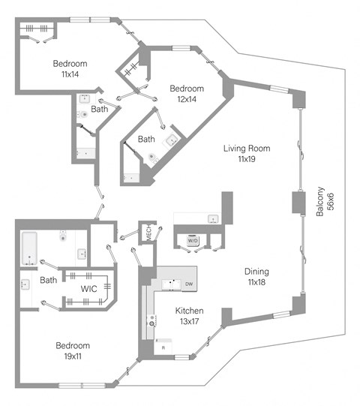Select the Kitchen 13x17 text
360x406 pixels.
[x=189, y=316]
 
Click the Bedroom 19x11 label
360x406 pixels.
[x=73, y=350]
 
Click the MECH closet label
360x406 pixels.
[x=148, y=233]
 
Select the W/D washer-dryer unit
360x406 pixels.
[x=192, y=240]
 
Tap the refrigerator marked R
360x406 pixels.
[x=163, y=347]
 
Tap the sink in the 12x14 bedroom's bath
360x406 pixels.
[x=170, y=140]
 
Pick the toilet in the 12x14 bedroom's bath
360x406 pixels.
[x=153, y=158]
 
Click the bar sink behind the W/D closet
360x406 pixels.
[x=213, y=219]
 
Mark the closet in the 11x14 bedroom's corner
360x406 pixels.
[x=37, y=30]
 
